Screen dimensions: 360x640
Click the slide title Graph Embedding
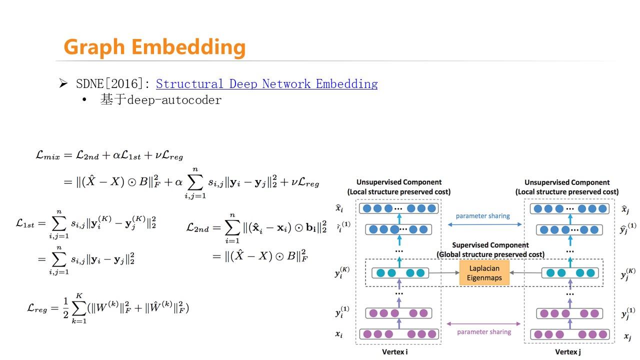coord(154,47)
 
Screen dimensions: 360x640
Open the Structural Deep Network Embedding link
coord(266,84)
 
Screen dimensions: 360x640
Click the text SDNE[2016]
coord(112,84)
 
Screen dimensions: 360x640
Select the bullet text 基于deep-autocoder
coord(160,100)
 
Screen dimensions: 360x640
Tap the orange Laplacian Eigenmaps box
coord(484,272)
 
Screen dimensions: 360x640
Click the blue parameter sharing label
coord(482,216)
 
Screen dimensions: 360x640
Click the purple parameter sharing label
coord(483,331)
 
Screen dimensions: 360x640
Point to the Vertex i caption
coord(394,352)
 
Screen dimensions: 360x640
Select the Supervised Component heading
coord(490,245)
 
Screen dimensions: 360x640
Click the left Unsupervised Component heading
coord(398,182)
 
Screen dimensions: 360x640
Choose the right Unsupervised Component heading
coord(566,182)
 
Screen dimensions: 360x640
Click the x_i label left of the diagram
coord(338,334)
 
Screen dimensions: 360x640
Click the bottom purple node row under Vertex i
coord(398,334)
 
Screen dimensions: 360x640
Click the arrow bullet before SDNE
coord(63,83)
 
